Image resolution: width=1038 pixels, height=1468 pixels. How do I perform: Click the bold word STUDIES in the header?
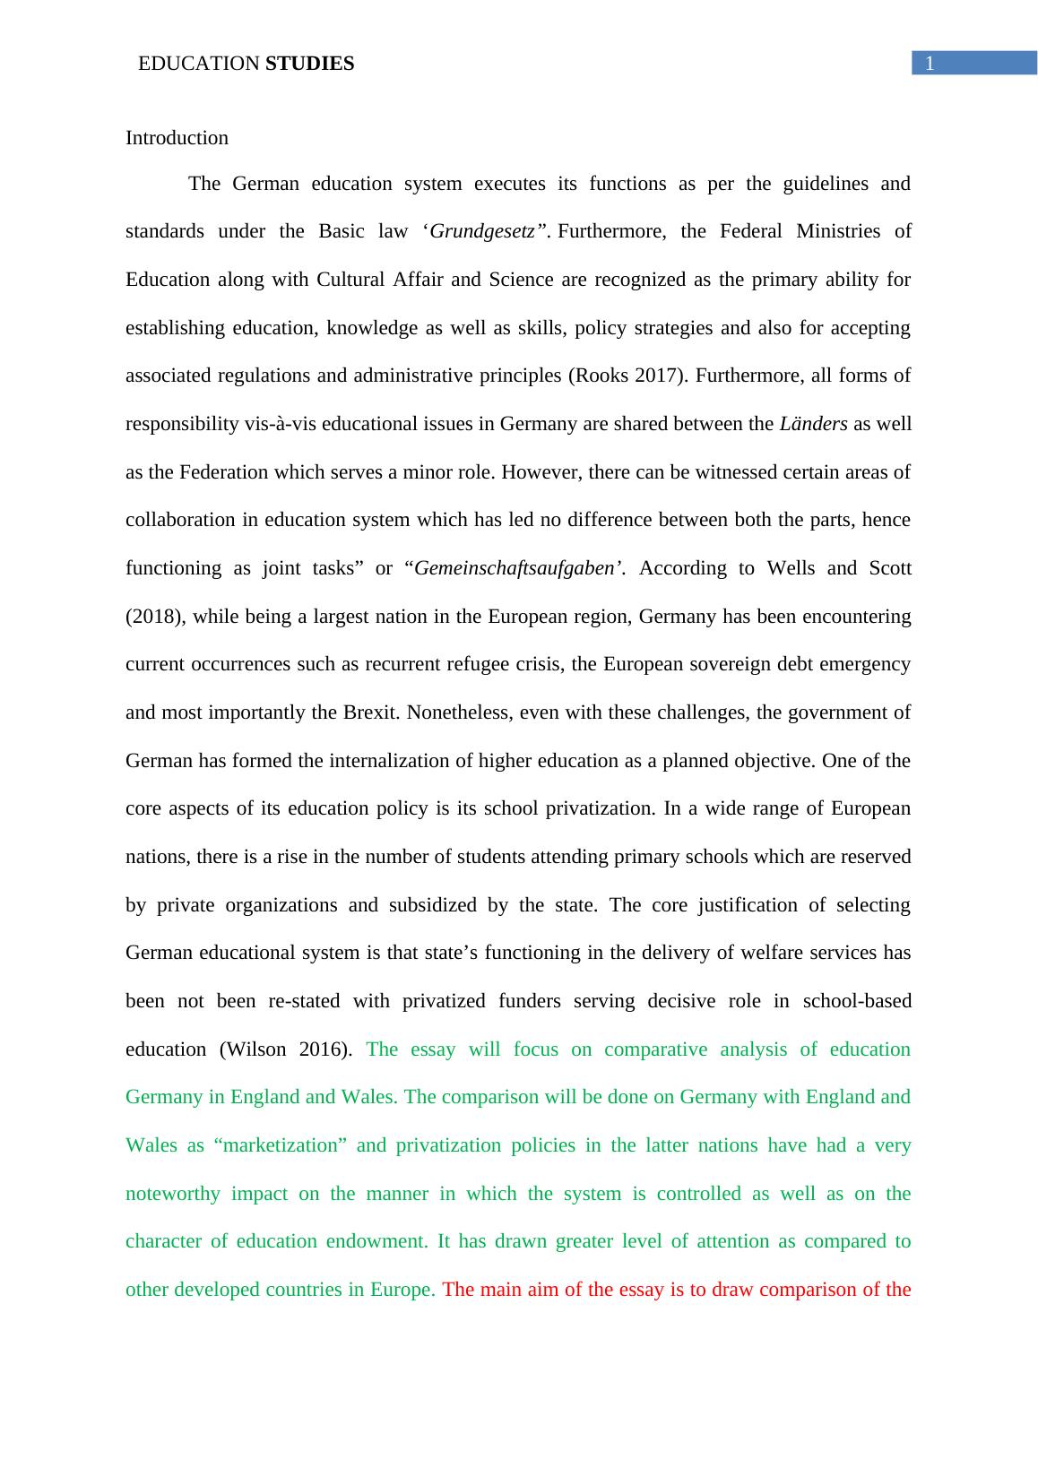(310, 64)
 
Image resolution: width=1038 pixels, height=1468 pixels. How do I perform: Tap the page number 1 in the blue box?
(930, 63)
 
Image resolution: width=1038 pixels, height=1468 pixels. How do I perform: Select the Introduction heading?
(177, 138)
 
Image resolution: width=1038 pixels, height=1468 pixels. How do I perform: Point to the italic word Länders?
(813, 424)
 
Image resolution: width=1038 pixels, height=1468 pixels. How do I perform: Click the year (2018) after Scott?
(154, 617)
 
